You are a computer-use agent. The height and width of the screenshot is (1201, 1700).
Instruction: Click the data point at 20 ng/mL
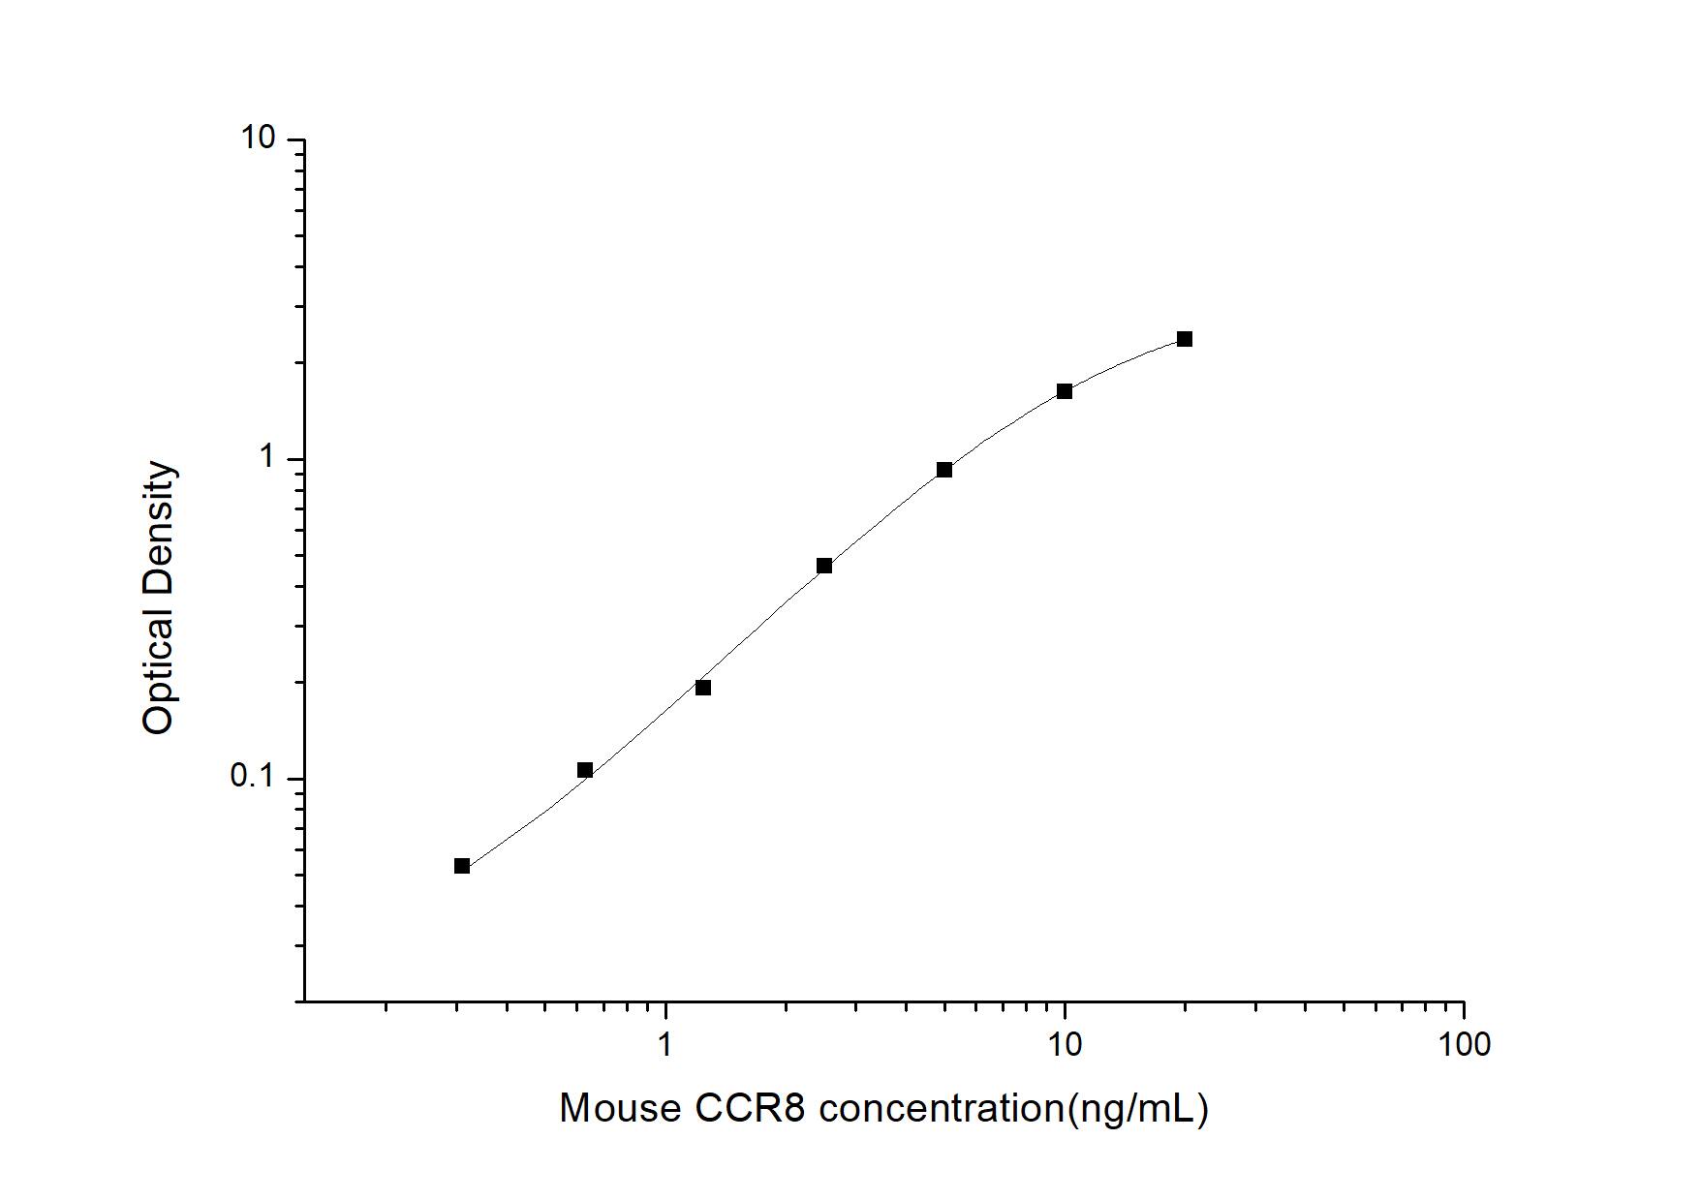click(1184, 339)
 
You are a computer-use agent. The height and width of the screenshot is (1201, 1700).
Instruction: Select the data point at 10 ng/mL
click(1065, 391)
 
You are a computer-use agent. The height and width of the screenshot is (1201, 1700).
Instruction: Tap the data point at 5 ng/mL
click(944, 470)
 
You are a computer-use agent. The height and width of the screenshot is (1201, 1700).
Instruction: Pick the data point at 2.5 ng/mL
click(824, 566)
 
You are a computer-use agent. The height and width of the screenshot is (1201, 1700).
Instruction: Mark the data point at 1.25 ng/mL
click(703, 688)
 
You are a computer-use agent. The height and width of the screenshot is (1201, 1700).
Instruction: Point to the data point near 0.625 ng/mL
click(585, 770)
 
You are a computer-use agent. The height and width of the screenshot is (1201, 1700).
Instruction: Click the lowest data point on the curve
click(462, 866)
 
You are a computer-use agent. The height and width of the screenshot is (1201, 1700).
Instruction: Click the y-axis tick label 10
click(259, 139)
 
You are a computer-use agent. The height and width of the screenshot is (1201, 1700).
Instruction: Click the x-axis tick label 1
click(665, 1044)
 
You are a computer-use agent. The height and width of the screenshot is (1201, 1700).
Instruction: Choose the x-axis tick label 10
click(1065, 1044)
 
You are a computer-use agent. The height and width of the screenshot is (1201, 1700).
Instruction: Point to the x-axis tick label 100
click(1464, 1044)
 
